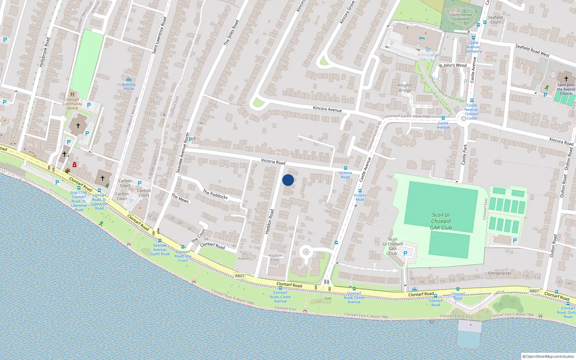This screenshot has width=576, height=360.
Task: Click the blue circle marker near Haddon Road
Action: coord(288,180)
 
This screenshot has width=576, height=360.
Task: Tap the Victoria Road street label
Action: coord(273,162)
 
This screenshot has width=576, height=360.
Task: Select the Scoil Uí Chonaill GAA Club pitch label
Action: coord(441,221)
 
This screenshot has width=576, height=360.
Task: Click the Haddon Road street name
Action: coord(270,222)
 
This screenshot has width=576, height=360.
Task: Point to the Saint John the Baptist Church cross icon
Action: coord(566,78)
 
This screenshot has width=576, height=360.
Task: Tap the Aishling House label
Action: coord(129,86)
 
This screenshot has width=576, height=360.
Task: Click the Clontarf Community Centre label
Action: coord(72,104)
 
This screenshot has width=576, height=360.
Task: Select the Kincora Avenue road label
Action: coord(327,109)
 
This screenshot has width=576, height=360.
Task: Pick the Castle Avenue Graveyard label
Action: coord(461,17)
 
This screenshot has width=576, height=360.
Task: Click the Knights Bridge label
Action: coord(405,88)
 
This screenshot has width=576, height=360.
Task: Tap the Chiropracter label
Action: coord(499,273)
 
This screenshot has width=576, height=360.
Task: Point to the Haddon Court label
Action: coord(275,258)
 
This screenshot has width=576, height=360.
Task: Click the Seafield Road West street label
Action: coord(532,50)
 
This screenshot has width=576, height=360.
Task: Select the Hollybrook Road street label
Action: coord(44,52)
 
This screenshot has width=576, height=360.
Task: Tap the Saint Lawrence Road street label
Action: coord(159,35)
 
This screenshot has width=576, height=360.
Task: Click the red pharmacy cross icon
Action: coord(75,165)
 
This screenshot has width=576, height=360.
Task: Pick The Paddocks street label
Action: coord(215,194)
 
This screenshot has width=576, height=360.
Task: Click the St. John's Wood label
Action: coord(453,65)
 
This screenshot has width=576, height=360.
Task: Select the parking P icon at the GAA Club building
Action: coord(405,253)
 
